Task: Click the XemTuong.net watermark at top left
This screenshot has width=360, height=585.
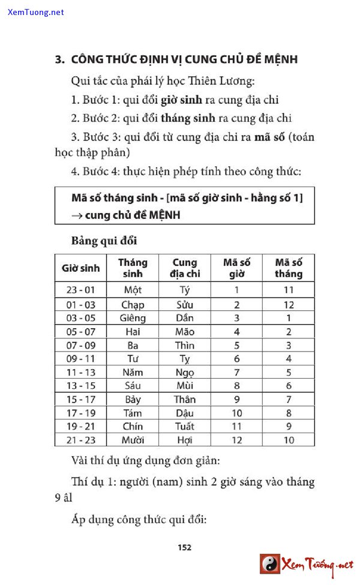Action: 36,11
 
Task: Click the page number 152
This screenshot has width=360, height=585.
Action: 184,547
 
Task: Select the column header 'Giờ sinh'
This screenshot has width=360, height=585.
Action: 81,268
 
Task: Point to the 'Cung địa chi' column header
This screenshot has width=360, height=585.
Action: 185,268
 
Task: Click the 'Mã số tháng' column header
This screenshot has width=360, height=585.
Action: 289,268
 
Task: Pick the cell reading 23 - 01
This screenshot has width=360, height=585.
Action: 80,290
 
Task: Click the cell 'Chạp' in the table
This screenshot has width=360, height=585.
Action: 133,304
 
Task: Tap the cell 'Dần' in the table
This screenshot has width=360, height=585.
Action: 185,318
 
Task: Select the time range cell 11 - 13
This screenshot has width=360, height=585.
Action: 80,372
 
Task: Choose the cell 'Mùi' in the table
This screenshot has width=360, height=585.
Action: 185,385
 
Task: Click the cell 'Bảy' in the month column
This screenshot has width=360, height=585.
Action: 133,399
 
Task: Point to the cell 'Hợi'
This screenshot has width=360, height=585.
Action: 185,440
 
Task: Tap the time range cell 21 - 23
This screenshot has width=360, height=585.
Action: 80,440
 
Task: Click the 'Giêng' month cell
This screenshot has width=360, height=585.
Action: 133,318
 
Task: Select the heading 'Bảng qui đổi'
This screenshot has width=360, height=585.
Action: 104,241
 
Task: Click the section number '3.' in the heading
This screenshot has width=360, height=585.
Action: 59,59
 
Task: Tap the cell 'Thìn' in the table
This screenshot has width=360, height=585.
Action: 185,345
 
